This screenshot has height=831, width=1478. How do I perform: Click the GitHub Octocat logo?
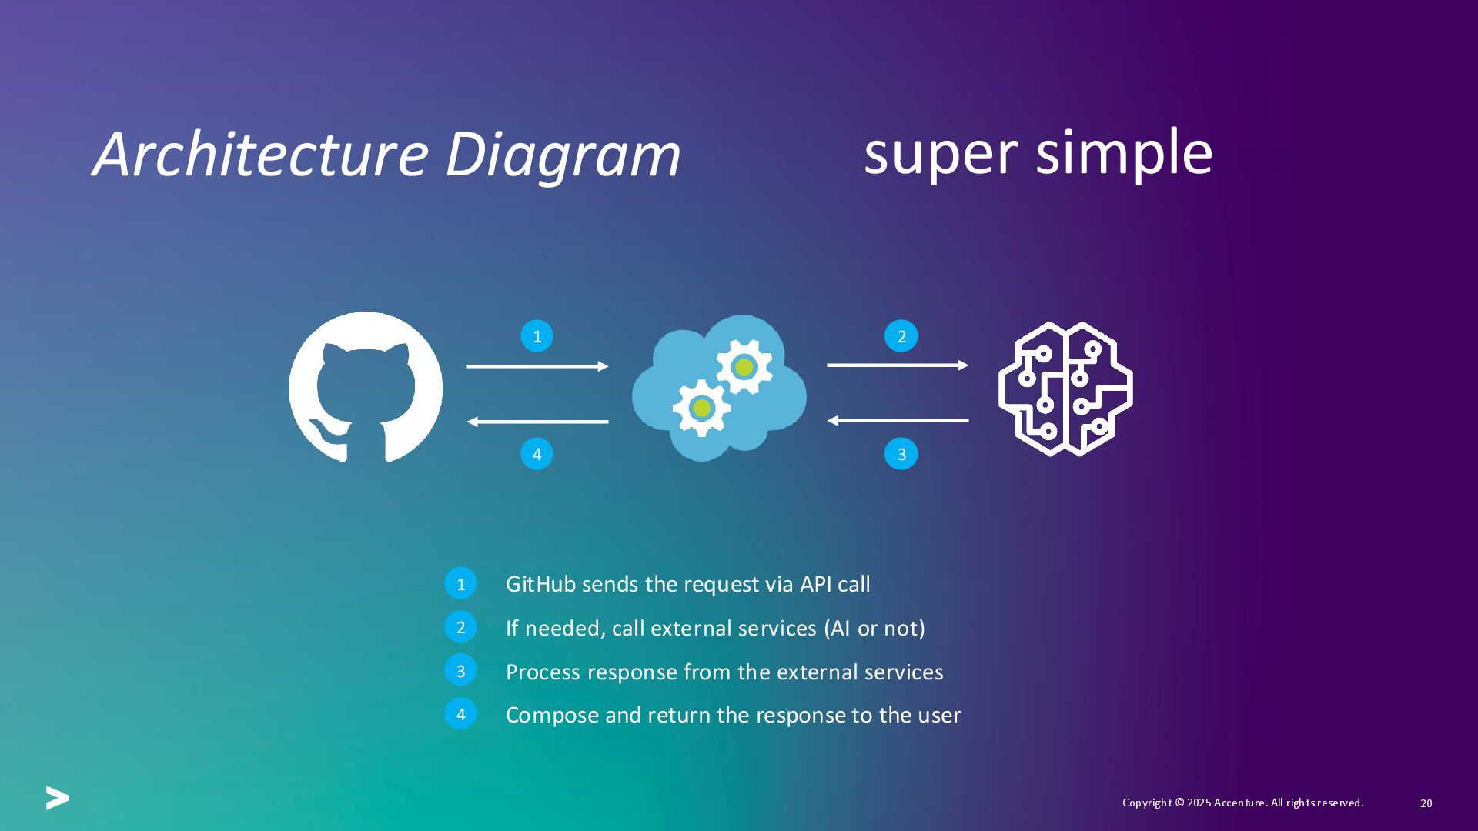pyautogui.click(x=366, y=386)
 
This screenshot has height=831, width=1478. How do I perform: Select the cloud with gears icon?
pyautogui.click(x=719, y=388)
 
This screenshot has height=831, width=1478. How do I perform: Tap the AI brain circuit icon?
pyautogui.click(x=1065, y=388)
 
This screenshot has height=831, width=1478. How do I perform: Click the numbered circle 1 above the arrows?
pyautogui.click(x=537, y=336)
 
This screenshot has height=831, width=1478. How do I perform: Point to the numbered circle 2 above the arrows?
pyautogui.click(x=901, y=336)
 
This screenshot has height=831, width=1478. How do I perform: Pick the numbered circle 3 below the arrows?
pyautogui.click(x=901, y=454)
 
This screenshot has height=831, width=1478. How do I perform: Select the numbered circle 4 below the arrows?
pyautogui.click(x=537, y=454)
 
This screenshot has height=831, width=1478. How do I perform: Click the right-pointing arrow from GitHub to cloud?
pyautogui.click(x=537, y=366)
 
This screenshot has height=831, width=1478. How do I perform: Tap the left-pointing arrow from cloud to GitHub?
pyautogui.click(x=537, y=422)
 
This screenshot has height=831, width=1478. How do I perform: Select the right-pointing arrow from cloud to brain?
pyautogui.click(x=898, y=365)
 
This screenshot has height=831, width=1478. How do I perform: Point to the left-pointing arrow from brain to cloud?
pyautogui.click(x=898, y=420)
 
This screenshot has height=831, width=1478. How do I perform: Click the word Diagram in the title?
pyautogui.click(x=563, y=156)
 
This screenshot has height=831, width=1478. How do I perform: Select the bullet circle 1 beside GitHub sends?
pyautogui.click(x=460, y=584)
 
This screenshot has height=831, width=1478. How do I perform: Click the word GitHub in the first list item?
pyautogui.click(x=540, y=584)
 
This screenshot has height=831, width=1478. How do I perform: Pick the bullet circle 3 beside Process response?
pyautogui.click(x=460, y=671)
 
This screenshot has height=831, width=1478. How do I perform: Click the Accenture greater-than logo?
pyautogui.click(x=57, y=798)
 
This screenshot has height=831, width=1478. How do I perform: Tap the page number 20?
pyautogui.click(x=1426, y=803)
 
